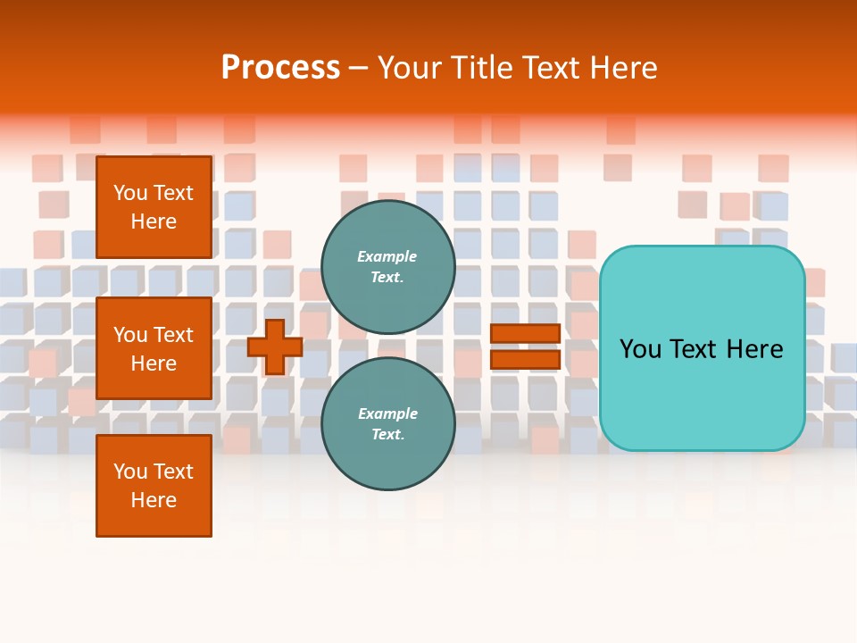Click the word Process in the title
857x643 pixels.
pos(280,67)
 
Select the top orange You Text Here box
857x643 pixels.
pos(154,207)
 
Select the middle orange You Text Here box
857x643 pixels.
pos(154,348)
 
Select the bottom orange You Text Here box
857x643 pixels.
pos(154,486)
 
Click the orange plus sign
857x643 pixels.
pos(275,347)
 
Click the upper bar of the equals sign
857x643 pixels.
pos(525,334)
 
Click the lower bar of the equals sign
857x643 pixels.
pos(525,360)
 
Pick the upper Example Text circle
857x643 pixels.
pos(387,266)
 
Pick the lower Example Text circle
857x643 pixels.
pos(387,423)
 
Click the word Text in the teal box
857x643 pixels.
pos(702,349)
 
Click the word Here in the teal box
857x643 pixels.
pos(756,349)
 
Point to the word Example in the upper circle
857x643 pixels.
pos(387,256)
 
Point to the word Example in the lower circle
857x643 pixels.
pos(387,413)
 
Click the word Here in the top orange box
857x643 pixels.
pos(154,221)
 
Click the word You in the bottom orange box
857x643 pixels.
pos(129,472)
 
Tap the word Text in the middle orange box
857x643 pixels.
pos(173,335)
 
